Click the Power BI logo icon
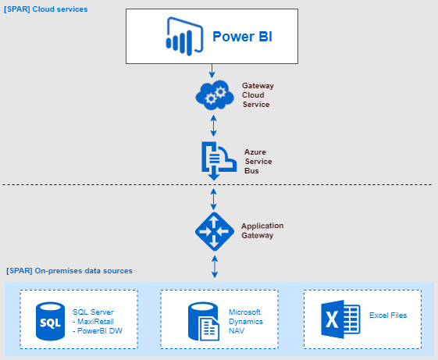point(177,37)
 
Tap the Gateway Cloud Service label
point(258,94)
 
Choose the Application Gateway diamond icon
point(213,230)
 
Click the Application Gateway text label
point(262,230)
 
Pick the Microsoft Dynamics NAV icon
point(202,321)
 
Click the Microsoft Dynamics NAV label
point(244,321)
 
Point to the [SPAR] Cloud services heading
point(46,9)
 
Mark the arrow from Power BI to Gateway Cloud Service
point(212,71)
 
